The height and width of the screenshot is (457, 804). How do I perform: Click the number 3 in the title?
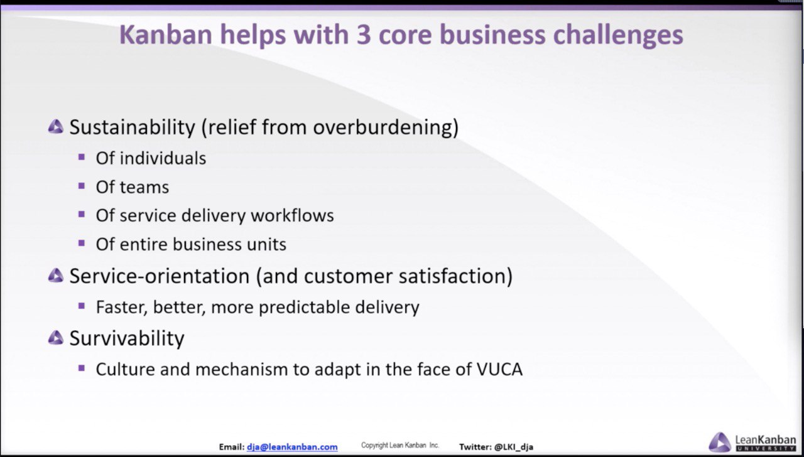(364, 35)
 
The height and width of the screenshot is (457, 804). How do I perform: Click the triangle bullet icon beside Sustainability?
(56, 127)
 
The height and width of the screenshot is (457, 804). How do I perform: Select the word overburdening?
(383, 127)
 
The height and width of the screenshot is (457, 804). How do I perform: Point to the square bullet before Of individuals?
(82, 157)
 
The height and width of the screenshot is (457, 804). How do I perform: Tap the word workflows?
(292, 215)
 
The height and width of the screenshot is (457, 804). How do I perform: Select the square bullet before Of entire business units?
(82, 243)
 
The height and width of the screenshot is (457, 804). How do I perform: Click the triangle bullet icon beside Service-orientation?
(56, 276)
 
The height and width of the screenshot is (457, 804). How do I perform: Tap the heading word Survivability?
(127, 338)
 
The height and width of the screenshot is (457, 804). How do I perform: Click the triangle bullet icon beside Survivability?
(56, 338)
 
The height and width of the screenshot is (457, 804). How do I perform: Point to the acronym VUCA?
(499, 370)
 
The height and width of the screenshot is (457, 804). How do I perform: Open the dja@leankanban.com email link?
(292, 447)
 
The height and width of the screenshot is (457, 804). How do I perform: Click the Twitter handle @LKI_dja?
(514, 447)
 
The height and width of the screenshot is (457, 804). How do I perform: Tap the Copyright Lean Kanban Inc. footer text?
(400, 445)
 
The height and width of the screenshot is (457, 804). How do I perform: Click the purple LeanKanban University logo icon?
(719, 442)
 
